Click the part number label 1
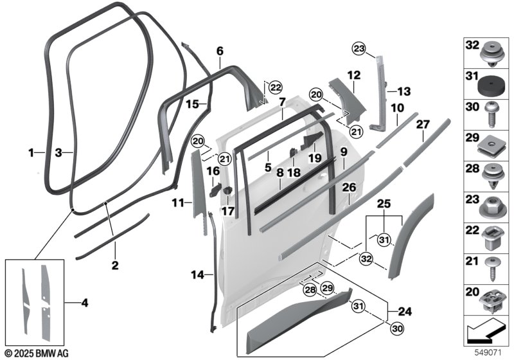point(31,153)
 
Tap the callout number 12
point(353,76)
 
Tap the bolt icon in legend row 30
point(492,112)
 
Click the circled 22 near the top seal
point(275,87)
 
